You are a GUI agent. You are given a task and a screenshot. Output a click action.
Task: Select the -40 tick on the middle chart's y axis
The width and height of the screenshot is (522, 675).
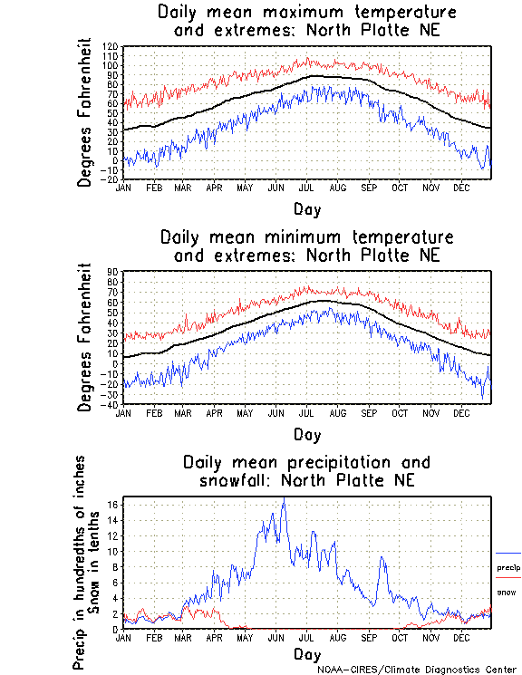[x=110, y=404]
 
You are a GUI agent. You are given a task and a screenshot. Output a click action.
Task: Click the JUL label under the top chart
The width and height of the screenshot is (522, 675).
[x=306, y=188]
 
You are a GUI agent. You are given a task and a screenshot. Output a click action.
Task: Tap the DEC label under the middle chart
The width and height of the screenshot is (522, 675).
[x=461, y=412]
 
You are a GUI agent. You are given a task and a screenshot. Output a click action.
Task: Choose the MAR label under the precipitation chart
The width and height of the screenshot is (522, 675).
[x=183, y=637]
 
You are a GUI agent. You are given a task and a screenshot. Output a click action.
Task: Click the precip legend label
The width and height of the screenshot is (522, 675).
[x=508, y=567]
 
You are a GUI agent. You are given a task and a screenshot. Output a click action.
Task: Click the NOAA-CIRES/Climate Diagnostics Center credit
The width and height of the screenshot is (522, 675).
[x=418, y=670]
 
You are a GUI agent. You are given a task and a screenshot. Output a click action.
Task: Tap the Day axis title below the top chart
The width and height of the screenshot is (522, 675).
[x=307, y=208]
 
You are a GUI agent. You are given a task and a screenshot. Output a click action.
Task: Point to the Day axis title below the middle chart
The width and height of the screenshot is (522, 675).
[x=307, y=433]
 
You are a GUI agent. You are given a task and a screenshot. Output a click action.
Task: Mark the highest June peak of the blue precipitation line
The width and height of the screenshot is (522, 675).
[x=284, y=499]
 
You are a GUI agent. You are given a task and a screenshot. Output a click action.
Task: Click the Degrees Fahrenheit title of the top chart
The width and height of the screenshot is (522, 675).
[x=85, y=112]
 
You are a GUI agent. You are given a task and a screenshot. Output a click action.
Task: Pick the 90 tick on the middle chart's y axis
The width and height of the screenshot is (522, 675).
[x=112, y=271]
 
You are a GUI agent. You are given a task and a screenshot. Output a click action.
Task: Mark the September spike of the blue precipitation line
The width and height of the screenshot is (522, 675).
[x=382, y=558]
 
